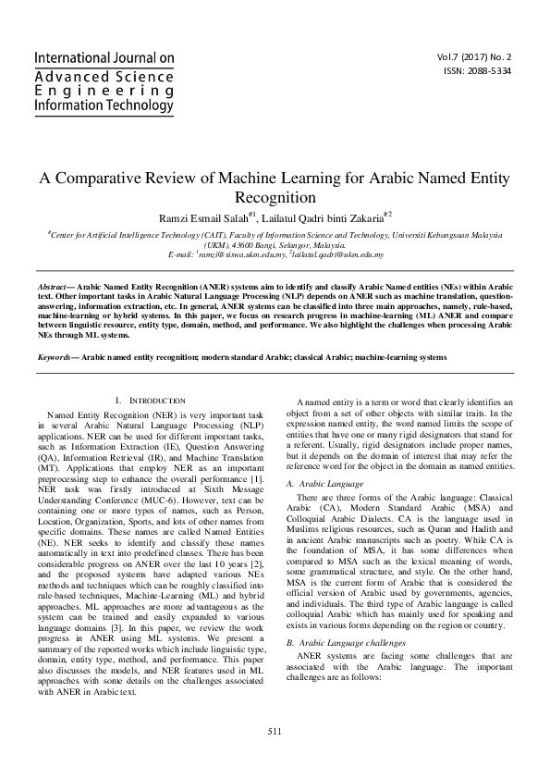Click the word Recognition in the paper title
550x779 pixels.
275,197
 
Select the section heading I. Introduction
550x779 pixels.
151,400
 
